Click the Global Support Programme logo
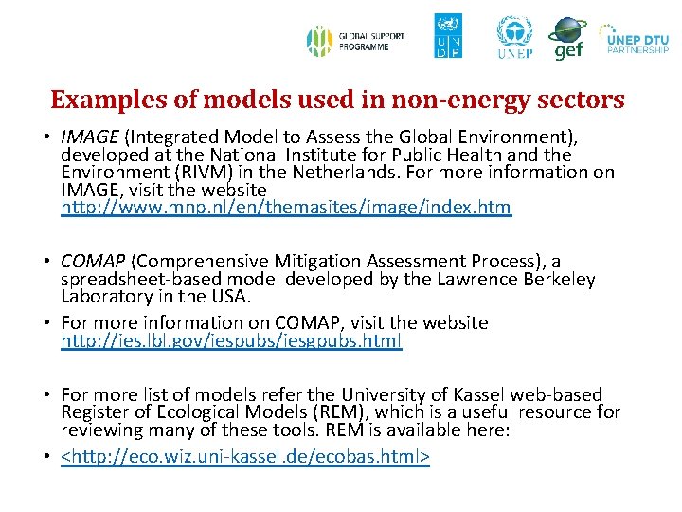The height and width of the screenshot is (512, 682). pyautogui.click(x=355, y=41)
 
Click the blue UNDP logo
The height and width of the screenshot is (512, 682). pyautogui.click(x=448, y=36)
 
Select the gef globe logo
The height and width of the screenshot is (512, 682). pyautogui.click(x=567, y=38)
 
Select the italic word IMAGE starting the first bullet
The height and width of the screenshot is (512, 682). pyautogui.click(x=89, y=136)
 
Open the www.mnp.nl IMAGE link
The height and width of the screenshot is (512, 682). pyautogui.click(x=285, y=208)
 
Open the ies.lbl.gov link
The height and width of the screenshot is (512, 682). pyautogui.click(x=231, y=340)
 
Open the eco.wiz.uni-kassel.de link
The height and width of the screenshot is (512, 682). pyautogui.click(x=245, y=457)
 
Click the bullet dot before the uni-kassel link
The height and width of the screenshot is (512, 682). pyautogui.click(x=46, y=457)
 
